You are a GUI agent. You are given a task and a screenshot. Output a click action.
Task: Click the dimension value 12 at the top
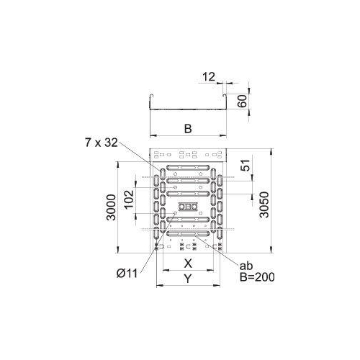[210, 76]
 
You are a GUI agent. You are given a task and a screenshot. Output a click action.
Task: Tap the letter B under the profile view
[187, 129]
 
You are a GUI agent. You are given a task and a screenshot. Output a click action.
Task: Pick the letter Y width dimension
[187, 278]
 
